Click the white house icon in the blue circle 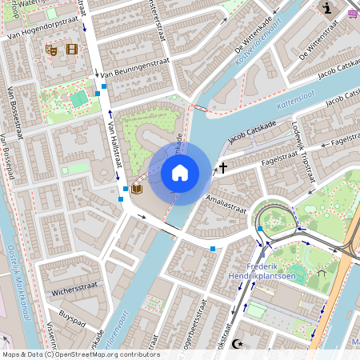(x=180, y=172)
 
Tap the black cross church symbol (x=223, y=168)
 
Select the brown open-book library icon (x=136, y=189)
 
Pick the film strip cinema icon (x=73, y=50)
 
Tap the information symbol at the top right (x=327, y=9)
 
